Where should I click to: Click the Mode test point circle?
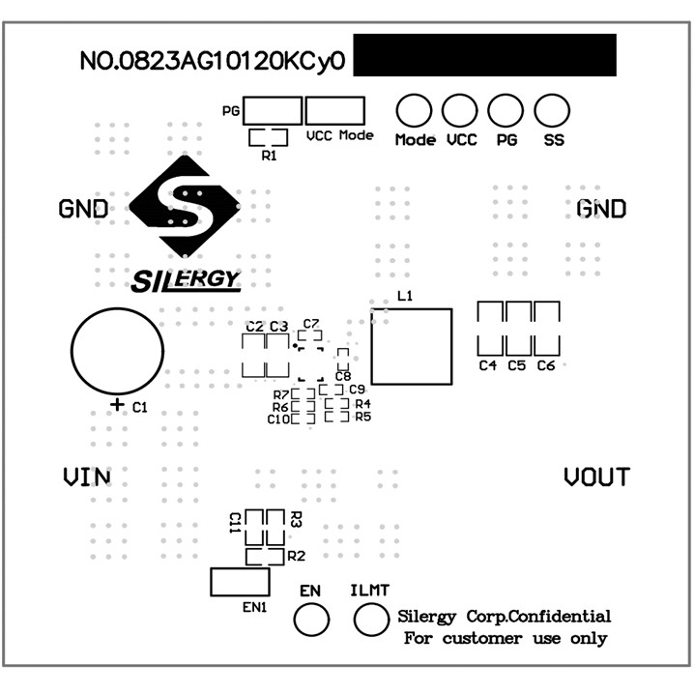pyautogui.click(x=415, y=110)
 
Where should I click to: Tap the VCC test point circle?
pyautogui.click(x=460, y=110)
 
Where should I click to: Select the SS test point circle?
pyautogui.click(x=551, y=110)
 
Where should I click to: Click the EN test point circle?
pyautogui.click(x=310, y=620)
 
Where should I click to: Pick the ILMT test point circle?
pyautogui.click(x=371, y=620)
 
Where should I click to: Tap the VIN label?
pyautogui.click(x=86, y=477)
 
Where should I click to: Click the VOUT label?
pyautogui.click(x=596, y=477)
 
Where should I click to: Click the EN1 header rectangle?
pyautogui.click(x=241, y=582)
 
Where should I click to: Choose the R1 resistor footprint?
pyautogui.click(x=268, y=137)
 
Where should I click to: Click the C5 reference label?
pyautogui.click(x=516, y=366)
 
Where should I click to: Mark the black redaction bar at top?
pyautogui.click(x=484, y=55)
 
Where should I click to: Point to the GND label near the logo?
pyautogui.click(x=83, y=209)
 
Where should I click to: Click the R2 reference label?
pyautogui.click(x=296, y=556)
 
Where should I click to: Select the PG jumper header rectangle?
pyautogui.click(x=273, y=109)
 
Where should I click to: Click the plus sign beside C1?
pyautogui.click(x=118, y=405)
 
